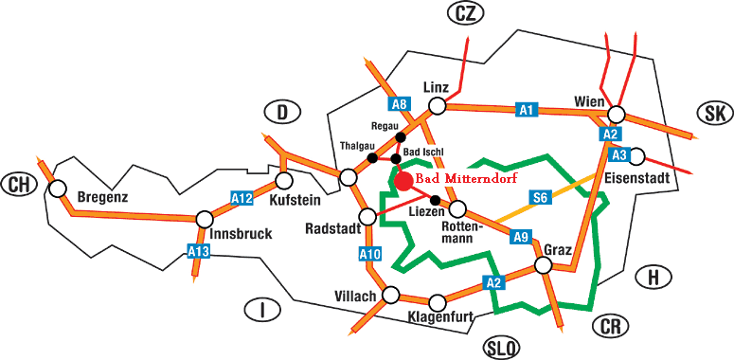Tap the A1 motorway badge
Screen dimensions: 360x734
click(527, 110)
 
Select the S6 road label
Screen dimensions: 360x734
click(540, 197)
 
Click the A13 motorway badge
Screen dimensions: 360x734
click(198, 251)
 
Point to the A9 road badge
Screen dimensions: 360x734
click(520, 237)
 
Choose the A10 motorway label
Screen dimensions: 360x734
click(369, 253)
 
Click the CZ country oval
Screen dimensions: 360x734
click(464, 14)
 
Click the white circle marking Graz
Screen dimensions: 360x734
click(544, 265)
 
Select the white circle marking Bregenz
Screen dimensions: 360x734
click(58, 189)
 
